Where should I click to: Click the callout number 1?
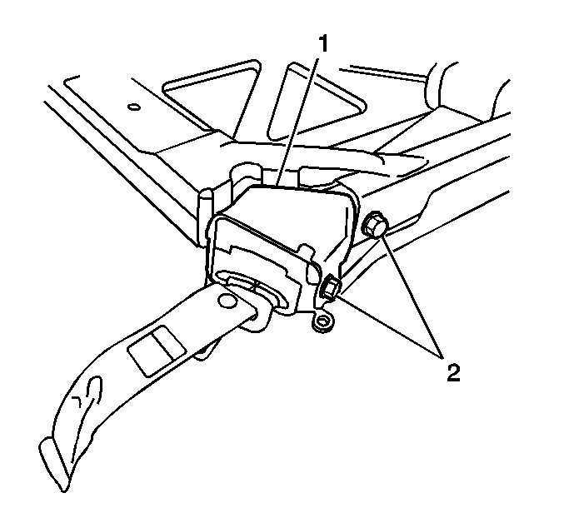coord(323,43)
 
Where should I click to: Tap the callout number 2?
coord(453,373)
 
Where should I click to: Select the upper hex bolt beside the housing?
coord(375,225)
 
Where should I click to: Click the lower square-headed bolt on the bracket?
coord(330,286)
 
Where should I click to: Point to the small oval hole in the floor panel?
coord(133,107)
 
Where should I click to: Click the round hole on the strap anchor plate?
coord(227,301)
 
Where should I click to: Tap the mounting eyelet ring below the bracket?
coord(323,321)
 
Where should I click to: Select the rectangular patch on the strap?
coord(157,351)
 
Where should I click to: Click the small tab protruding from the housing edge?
coord(305,250)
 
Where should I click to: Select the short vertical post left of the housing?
coord(205,216)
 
